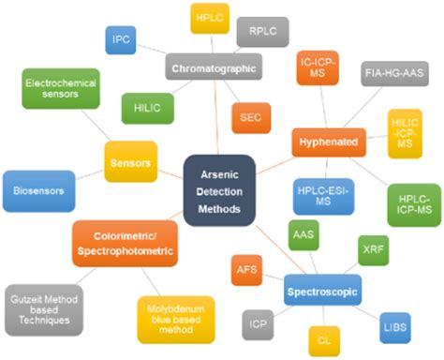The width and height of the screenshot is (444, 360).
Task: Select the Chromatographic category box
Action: click(215, 67)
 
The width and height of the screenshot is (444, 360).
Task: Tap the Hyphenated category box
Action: click(327, 141)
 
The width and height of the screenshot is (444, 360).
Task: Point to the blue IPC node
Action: click(123, 39)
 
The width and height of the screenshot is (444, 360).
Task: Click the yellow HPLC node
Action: click(210, 19)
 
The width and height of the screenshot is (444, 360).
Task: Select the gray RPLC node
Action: click(262, 32)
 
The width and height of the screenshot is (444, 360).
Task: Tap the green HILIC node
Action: click(147, 109)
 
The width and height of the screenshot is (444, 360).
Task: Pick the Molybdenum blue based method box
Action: click(176, 319)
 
